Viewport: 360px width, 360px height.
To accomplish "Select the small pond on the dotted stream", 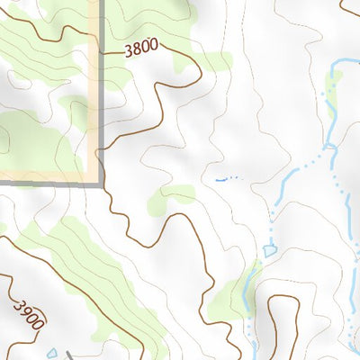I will (269, 250).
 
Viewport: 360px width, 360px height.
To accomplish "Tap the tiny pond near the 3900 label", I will (52, 354).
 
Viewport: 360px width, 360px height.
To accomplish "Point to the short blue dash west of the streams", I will (220, 180).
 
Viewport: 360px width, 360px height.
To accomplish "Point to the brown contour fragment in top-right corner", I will (350, 6).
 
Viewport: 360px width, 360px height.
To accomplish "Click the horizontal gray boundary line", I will (45, 183).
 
